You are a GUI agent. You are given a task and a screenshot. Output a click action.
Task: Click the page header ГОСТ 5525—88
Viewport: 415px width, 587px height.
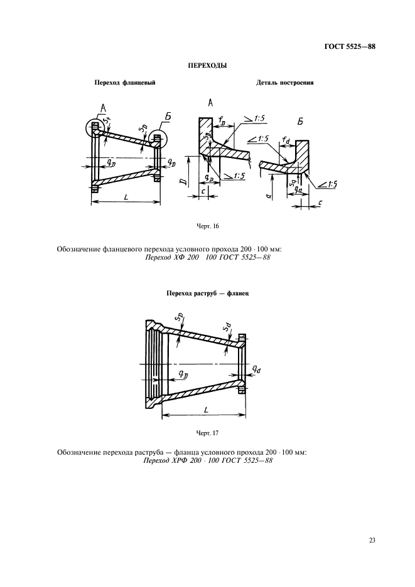[350, 47]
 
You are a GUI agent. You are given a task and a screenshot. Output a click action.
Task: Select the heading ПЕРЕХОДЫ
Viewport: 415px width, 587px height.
[207, 66]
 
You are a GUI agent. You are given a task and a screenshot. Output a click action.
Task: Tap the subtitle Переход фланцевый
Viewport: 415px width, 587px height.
[124, 83]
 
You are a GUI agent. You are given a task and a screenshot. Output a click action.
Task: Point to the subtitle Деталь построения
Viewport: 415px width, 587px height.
[285, 83]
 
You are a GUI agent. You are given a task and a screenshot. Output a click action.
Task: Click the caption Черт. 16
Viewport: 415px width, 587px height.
[207, 226]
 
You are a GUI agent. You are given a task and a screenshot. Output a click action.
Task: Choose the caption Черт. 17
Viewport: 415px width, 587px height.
[207, 433]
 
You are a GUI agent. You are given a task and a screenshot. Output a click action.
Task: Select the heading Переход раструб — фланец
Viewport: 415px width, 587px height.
[207, 293]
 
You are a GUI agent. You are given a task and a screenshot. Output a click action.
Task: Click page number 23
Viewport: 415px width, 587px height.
[372, 540]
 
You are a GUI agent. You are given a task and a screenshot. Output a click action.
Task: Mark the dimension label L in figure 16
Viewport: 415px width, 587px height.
[126, 196]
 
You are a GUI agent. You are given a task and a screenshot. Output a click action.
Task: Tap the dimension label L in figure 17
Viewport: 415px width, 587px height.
[206, 410]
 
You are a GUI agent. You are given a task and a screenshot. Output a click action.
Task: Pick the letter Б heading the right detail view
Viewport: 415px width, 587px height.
[300, 122]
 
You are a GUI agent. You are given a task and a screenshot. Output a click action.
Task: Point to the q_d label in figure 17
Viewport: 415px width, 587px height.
[256, 369]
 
